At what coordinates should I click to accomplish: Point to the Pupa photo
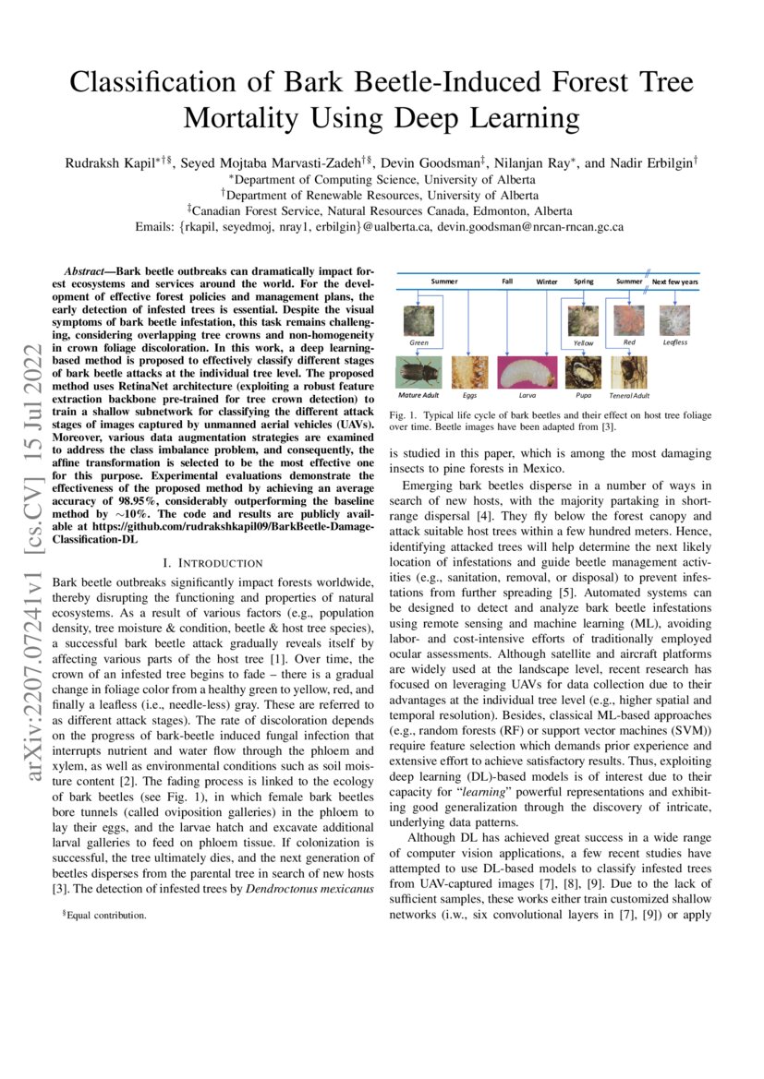coord(584,372)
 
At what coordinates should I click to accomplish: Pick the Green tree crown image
coord(419,321)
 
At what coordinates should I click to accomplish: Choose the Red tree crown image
coord(629,320)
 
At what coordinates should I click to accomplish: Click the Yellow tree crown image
coord(583,320)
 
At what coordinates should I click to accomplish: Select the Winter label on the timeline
coord(547,280)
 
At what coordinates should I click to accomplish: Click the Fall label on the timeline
coord(507,280)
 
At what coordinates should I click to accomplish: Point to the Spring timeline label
coord(583,280)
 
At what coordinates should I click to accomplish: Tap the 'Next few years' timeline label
coord(675,280)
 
